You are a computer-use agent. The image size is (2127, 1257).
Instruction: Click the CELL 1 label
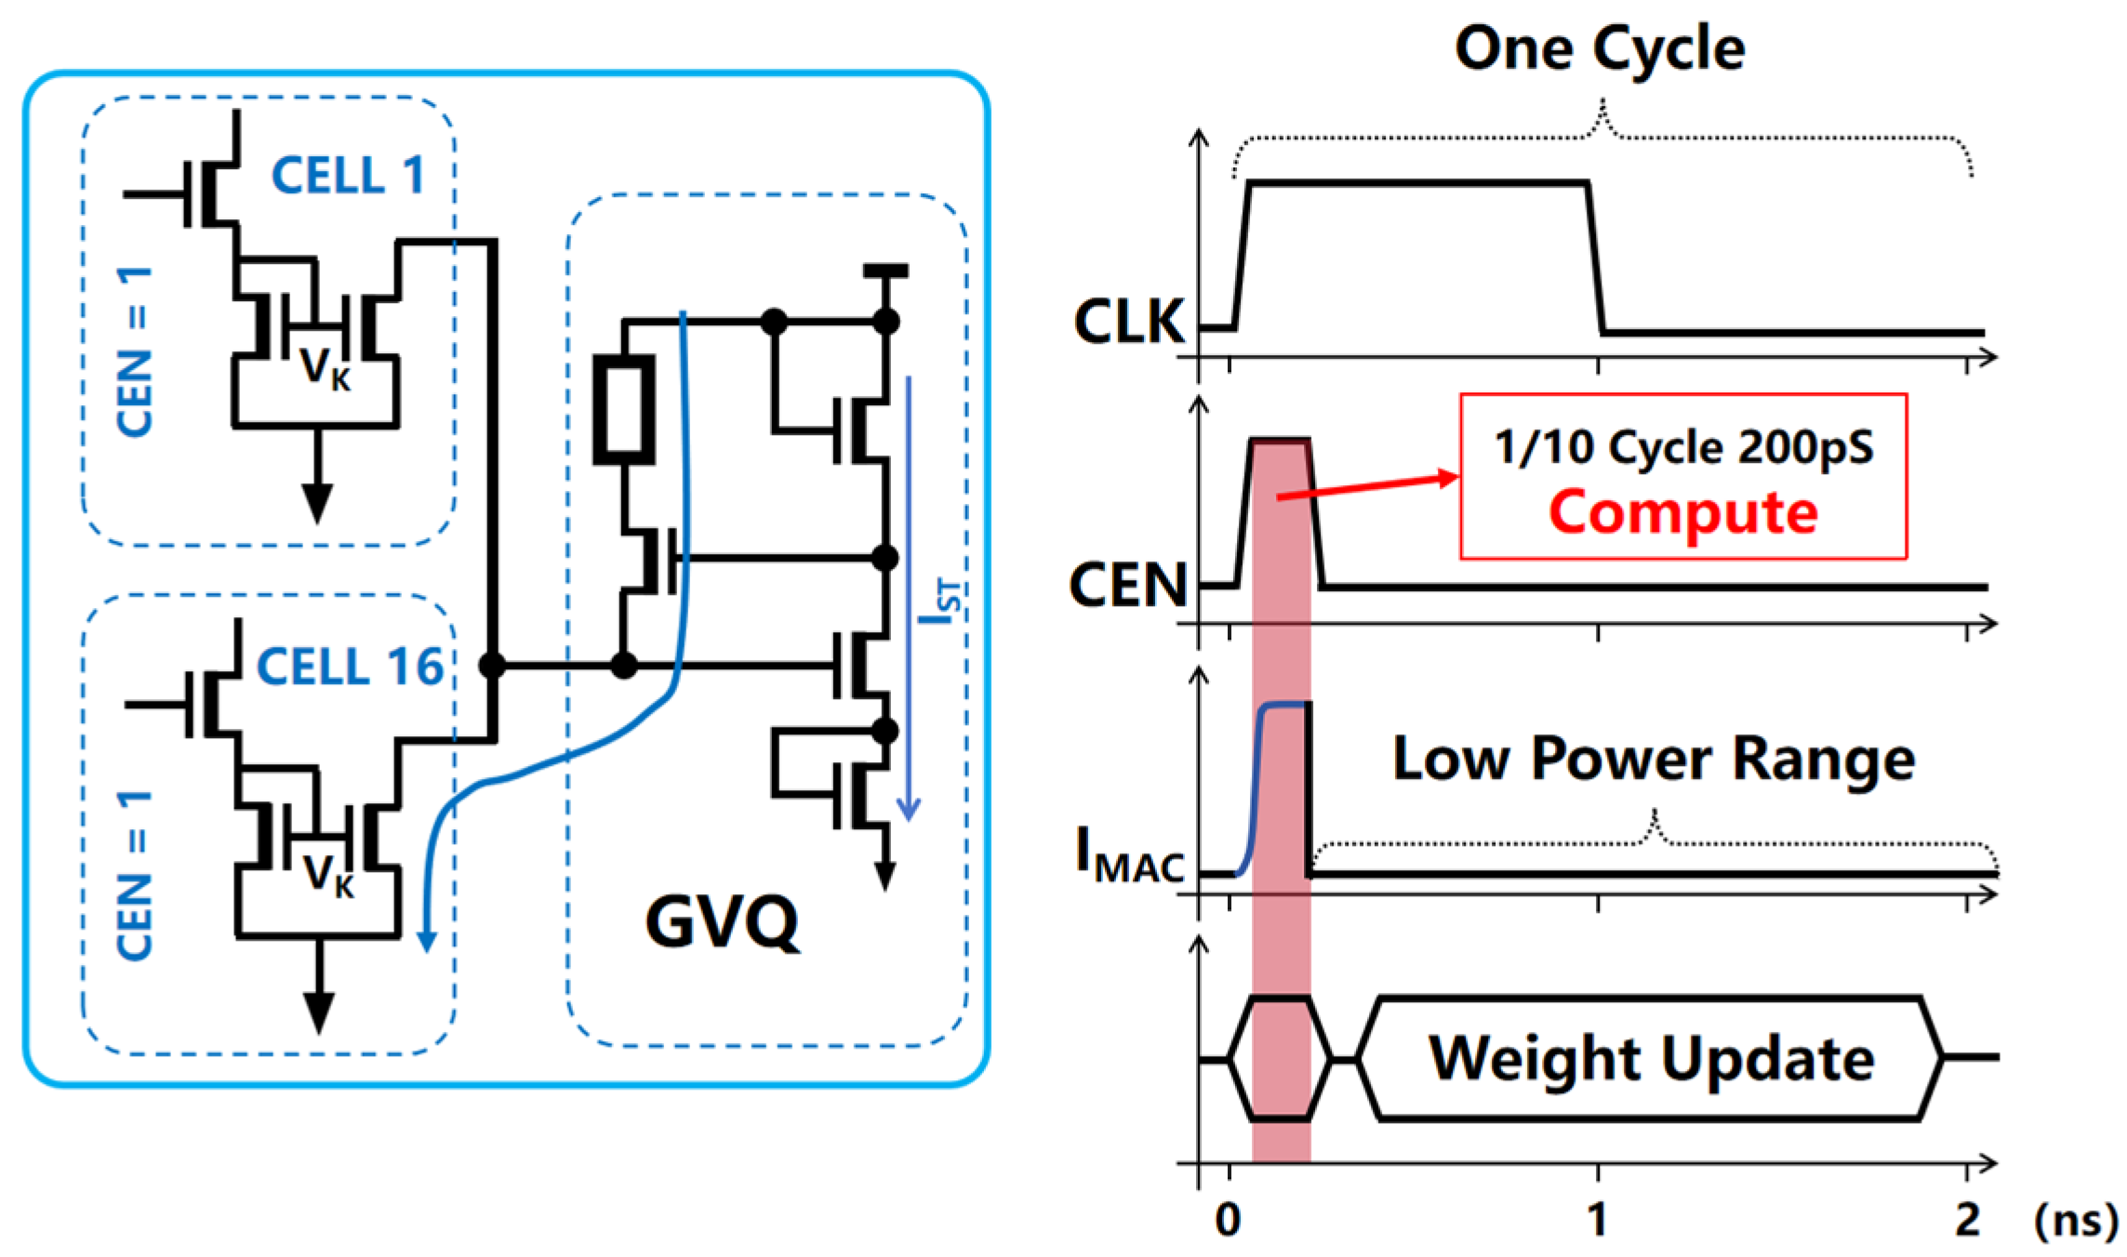point(349,175)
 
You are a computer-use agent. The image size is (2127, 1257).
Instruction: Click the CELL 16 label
point(350,667)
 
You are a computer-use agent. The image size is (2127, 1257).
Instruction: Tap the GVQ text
point(722,921)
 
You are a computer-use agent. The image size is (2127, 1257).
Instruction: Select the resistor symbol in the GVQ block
point(624,409)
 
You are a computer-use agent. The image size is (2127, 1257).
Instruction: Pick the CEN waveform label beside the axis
point(1128,586)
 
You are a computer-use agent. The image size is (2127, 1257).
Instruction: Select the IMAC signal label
point(1129,853)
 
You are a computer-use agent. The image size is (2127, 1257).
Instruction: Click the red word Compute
point(1682,512)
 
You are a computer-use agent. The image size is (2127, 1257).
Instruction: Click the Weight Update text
point(1652,1059)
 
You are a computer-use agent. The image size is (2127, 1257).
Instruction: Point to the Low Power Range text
point(1653,759)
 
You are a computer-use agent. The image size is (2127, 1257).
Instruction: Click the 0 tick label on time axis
point(1228,1219)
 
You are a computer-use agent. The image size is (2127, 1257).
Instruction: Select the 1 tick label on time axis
point(1597,1219)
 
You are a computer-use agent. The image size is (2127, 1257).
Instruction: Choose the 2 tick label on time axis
point(1966,1219)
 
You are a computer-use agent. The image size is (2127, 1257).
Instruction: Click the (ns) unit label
point(2075,1219)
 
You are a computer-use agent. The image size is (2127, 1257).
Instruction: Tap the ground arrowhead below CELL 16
point(319,1012)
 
